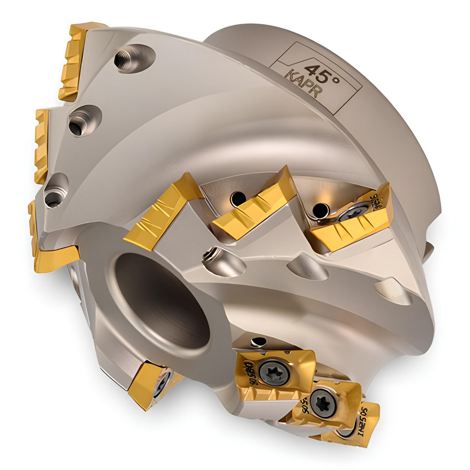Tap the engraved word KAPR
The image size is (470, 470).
305,85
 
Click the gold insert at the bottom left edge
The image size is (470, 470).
148,383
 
